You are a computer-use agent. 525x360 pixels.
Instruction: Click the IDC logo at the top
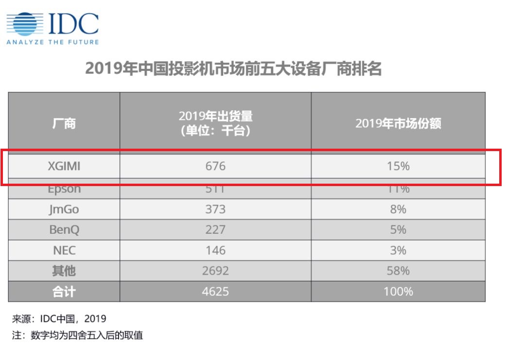click(52, 24)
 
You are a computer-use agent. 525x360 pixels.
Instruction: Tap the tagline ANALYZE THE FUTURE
click(52, 42)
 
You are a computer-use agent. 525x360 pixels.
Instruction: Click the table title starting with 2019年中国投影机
click(233, 69)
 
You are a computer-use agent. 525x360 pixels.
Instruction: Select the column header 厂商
click(64, 123)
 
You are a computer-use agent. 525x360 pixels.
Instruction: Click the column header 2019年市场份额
click(398, 123)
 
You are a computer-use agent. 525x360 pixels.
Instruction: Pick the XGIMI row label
click(64, 166)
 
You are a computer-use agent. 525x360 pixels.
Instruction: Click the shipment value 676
click(215, 166)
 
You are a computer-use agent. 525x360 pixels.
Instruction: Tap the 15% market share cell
click(398, 166)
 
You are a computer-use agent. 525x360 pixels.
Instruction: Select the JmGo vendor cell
click(64, 209)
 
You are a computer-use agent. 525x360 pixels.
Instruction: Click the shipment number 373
click(215, 209)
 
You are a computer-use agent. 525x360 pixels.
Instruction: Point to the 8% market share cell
click(398, 209)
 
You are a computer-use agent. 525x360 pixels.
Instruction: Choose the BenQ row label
click(64, 230)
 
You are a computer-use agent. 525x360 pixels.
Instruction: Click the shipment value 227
click(215, 230)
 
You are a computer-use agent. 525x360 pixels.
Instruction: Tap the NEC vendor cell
click(64, 250)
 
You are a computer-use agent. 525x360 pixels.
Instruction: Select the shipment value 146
click(215, 250)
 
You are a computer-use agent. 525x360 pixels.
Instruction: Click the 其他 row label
click(64, 271)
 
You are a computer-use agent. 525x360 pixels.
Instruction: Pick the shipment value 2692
click(215, 271)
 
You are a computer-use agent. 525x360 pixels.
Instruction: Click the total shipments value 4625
click(215, 291)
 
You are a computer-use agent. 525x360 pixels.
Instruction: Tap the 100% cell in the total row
click(398, 291)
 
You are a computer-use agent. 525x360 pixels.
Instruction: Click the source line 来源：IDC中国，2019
click(59, 319)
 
